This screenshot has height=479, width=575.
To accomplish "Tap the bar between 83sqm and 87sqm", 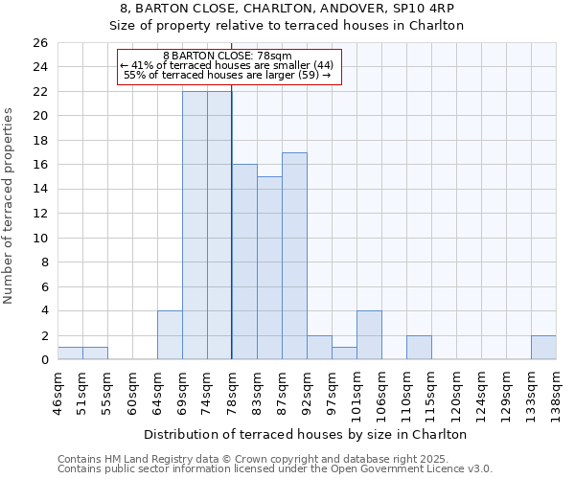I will pos(269,268).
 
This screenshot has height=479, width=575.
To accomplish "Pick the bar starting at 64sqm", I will pos(170,335).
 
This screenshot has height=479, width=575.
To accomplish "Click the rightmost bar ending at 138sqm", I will pos(543,348).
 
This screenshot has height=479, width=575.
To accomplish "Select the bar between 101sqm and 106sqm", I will pos(369,335).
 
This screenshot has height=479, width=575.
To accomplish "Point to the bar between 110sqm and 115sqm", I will pos(419,348).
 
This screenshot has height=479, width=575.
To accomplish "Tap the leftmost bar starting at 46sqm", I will pos(70,354).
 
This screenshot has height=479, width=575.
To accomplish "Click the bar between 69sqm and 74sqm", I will pos(195,225).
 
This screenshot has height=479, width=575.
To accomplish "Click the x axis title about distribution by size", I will pos(307,434).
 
